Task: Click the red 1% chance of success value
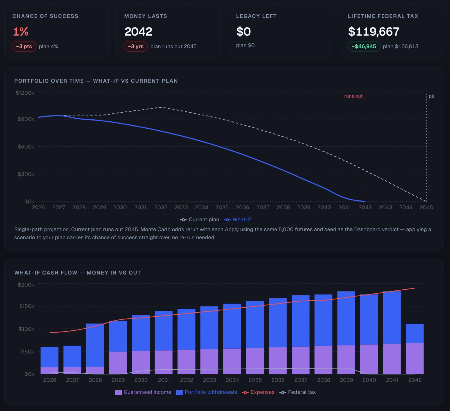21,31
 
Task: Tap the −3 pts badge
24,46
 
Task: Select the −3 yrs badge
136,46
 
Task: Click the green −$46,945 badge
364,46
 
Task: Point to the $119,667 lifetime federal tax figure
374,31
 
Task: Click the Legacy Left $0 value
244,31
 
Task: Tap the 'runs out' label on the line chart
353,96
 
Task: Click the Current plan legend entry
199,219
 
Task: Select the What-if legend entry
237,219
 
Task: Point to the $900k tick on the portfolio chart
26,119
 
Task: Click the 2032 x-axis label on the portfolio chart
161,207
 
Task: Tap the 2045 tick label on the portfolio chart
426,207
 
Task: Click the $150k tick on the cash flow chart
27,306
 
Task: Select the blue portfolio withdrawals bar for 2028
95,345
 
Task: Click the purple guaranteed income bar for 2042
415,358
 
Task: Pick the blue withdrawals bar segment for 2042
415,333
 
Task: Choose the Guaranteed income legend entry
143,392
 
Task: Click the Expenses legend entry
258,392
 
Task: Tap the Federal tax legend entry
298,392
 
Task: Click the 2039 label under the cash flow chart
346,380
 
